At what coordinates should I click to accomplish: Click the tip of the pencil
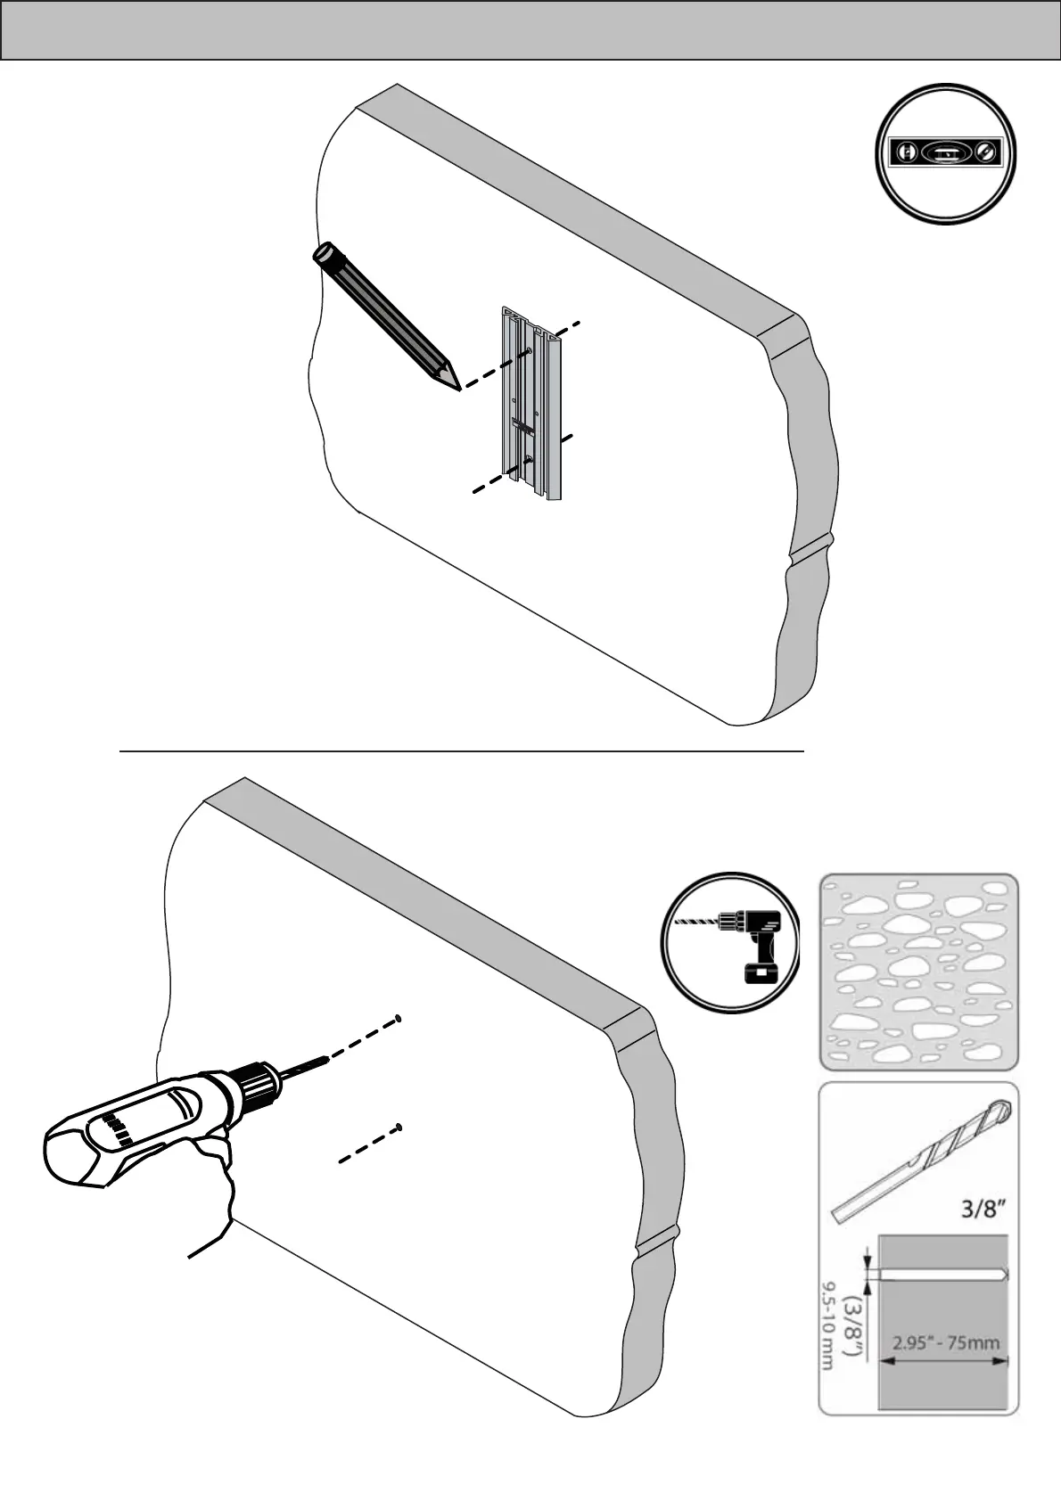(x=457, y=388)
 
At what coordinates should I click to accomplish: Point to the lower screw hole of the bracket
(x=527, y=460)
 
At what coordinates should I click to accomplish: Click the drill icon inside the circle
(x=730, y=942)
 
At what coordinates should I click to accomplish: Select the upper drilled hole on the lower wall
(x=399, y=1018)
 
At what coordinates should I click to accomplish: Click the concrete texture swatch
(x=918, y=971)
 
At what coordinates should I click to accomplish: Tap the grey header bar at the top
(x=530, y=30)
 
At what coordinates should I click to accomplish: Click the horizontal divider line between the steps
(x=462, y=751)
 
